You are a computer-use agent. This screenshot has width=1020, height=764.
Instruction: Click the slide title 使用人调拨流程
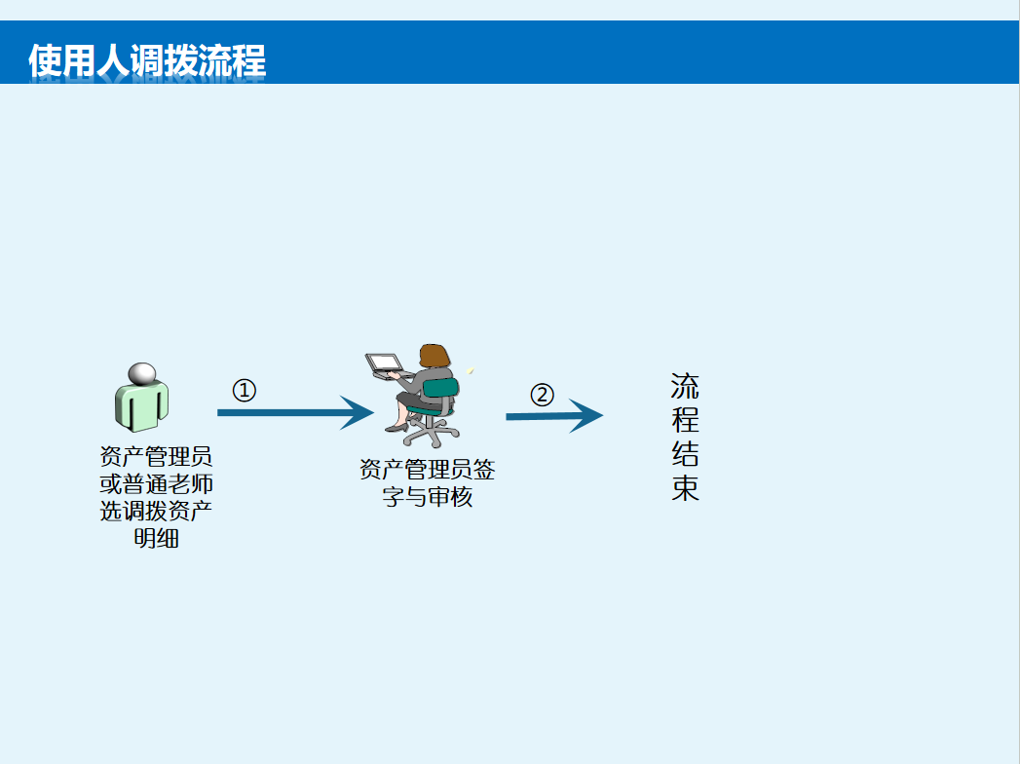[x=147, y=60]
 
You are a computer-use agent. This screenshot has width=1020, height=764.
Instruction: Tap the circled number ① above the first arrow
[x=244, y=391]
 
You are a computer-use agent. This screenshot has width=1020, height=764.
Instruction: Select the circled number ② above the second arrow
[x=542, y=395]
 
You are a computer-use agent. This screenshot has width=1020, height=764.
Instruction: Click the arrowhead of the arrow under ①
[x=357, y=412]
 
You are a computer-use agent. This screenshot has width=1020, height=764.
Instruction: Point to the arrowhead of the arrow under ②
[x=586, y=416]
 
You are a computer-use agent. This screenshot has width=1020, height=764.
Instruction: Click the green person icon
[x=142, y=398]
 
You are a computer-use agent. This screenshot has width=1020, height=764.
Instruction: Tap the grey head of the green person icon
[x=142, y=373]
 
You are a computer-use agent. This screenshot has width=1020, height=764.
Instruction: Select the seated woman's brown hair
[x=434, y=357]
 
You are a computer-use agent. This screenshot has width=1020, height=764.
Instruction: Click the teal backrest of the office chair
[x=441, y=389]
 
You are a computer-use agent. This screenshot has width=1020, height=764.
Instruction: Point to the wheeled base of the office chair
[x=430, y=433]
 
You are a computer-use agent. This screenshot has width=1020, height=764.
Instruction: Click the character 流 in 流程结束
[x=685, y=387]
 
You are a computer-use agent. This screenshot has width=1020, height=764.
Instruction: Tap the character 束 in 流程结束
[x=685, y=487]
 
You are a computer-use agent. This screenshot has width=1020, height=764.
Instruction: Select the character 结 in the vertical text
[x=685, y=453]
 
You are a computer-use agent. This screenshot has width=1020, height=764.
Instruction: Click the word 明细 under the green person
[x=156, y=538]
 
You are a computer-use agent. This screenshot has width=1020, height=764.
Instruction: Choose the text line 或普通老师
[x=156, y=483]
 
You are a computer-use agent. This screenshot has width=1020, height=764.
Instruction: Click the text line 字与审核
[x=428, y=497]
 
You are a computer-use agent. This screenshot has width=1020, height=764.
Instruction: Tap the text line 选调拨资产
[x=156, y=511]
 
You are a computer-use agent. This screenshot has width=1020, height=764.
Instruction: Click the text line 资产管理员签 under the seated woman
[x=428, y=469]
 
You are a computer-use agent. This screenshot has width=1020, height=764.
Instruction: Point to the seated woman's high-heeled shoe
[x=397, y=428]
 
